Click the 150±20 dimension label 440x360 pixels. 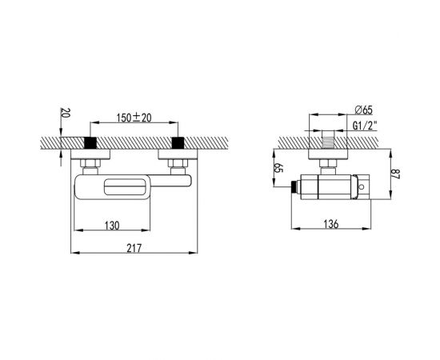(134, 118)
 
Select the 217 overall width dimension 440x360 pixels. (134, 248)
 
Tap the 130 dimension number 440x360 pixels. (112, 226)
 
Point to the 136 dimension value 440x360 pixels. (331, 224)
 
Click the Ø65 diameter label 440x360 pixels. (363, 110)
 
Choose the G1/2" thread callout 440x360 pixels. (365, 126)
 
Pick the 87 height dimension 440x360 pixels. (395, 174)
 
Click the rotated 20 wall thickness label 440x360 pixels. (65, 113)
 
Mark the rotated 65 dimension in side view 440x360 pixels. (278, 168)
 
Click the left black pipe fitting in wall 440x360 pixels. (90, 143)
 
